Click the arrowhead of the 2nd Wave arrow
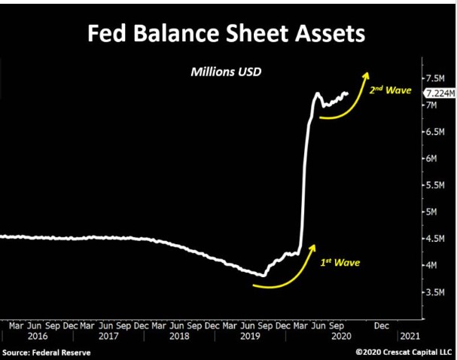coord(367,74)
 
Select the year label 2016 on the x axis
coord(38,337)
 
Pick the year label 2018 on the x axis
coord(180,337)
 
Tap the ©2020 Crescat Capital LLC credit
coord(403,352)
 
